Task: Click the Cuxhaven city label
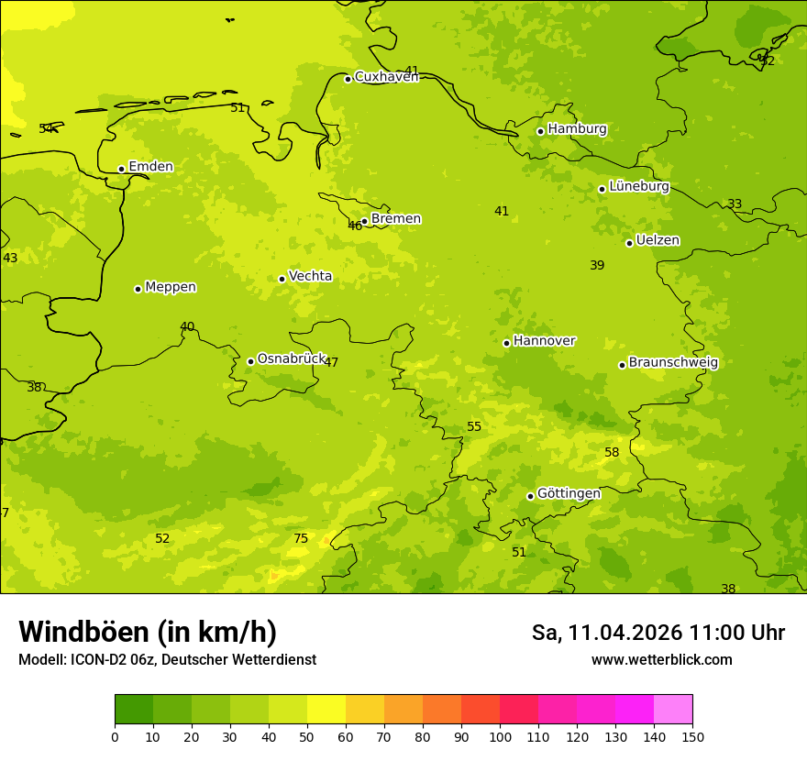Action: pos(386,76)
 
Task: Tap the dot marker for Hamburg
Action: pos(541,131)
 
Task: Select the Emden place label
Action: pos(150,166)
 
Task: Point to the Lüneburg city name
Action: pos(638,186)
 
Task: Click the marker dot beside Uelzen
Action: pos(629,243)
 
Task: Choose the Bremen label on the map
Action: pos(395,218)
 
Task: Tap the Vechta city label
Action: pos(310,276)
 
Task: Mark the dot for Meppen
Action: pos(138,289)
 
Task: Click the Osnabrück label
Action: pos(291,358)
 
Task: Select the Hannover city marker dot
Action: pos(506,343)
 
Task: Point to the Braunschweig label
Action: pos(673,362)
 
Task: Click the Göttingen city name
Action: pos(569,493)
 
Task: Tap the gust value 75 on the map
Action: pos(301,539)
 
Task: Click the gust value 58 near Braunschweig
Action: pos(612,453)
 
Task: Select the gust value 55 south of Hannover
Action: pos(474,427)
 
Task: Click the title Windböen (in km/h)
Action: pos(148,632)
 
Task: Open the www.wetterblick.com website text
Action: pos(661,659)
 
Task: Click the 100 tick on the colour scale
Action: pos(500,736)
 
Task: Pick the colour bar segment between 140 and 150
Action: pos(673,710)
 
